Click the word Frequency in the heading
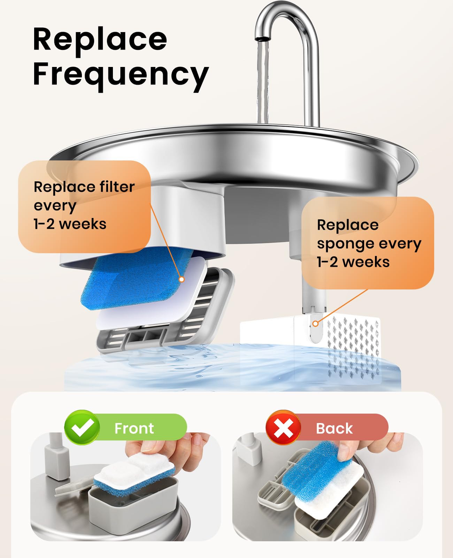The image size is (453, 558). pos(121,75)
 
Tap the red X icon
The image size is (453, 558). pos(283,428)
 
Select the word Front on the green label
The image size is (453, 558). pos(134,428)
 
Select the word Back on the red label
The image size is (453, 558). pos(334,428)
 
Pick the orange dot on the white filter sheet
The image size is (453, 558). pos(181,279)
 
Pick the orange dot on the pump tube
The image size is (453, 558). pos(315,324)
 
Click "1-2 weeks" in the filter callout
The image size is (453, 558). pos(70,224)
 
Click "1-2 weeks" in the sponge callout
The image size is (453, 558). pos(353,262)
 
